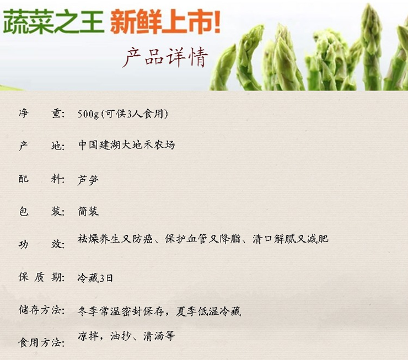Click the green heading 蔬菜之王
53,22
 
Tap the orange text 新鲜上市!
165,22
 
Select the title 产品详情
165,57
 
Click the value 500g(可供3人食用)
123,114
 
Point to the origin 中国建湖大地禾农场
126,145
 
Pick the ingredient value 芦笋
88,180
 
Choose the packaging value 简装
88,211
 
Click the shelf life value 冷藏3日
95,278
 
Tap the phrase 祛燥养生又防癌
115,239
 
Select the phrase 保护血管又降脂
203,239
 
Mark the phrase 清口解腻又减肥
291,239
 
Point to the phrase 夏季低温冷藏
208,311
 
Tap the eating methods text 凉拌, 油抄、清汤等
126,336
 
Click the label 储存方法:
41,310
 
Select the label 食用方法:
41,342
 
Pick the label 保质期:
41,277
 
